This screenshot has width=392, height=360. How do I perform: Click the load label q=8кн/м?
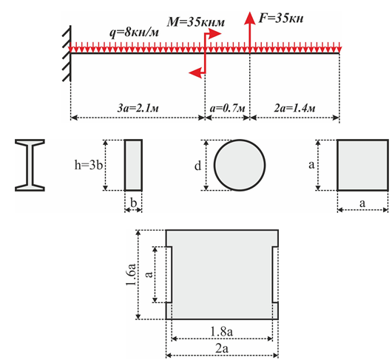pyautogui.click(x=135, y=33)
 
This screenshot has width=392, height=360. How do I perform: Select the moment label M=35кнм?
pyautogui.click(x=196, y=22)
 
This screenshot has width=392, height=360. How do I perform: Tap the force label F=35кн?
pyautogui.click(x=281, y=18)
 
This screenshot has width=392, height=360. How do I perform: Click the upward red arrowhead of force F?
pyautogui.click(x=249, y=18)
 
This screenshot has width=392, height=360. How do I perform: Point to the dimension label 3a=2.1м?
pyautogui.click(x=138, y=109)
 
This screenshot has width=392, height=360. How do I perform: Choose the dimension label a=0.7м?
pyautogui.click(x=228, y=109)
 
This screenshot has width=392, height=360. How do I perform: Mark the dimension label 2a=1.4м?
pyautogui.click(x=295, y=109)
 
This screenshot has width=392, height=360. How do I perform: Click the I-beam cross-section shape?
pyautogui.click(x=30, y=166)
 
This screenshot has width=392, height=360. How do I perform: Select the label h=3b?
pyautogui.click(x=89, y=165)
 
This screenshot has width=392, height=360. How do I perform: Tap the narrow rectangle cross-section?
pyautogui.click(x=133, y=165)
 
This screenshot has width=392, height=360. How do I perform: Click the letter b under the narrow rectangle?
pyautogui.click(x=133, y=203)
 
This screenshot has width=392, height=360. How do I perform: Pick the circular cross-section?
pyautogui.click(x=240, y=165)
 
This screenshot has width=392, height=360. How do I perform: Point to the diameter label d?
pyautogui.click(x=197, y=166)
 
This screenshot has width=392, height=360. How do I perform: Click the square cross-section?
pyautogui.click(x=363, y=165)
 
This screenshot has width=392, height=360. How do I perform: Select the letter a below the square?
pyautogui.click(x=362, y=203)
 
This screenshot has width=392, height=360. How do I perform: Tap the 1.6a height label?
pyautogui.click(x=132, y=274)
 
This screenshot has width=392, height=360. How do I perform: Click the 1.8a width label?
pyautogui.click(x=221, y=331)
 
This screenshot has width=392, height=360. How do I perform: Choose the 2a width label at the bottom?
pyautogui.click(x=222, y=348)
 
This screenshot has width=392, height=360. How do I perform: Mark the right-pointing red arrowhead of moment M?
pyautogui.click(x=215, y=34)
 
